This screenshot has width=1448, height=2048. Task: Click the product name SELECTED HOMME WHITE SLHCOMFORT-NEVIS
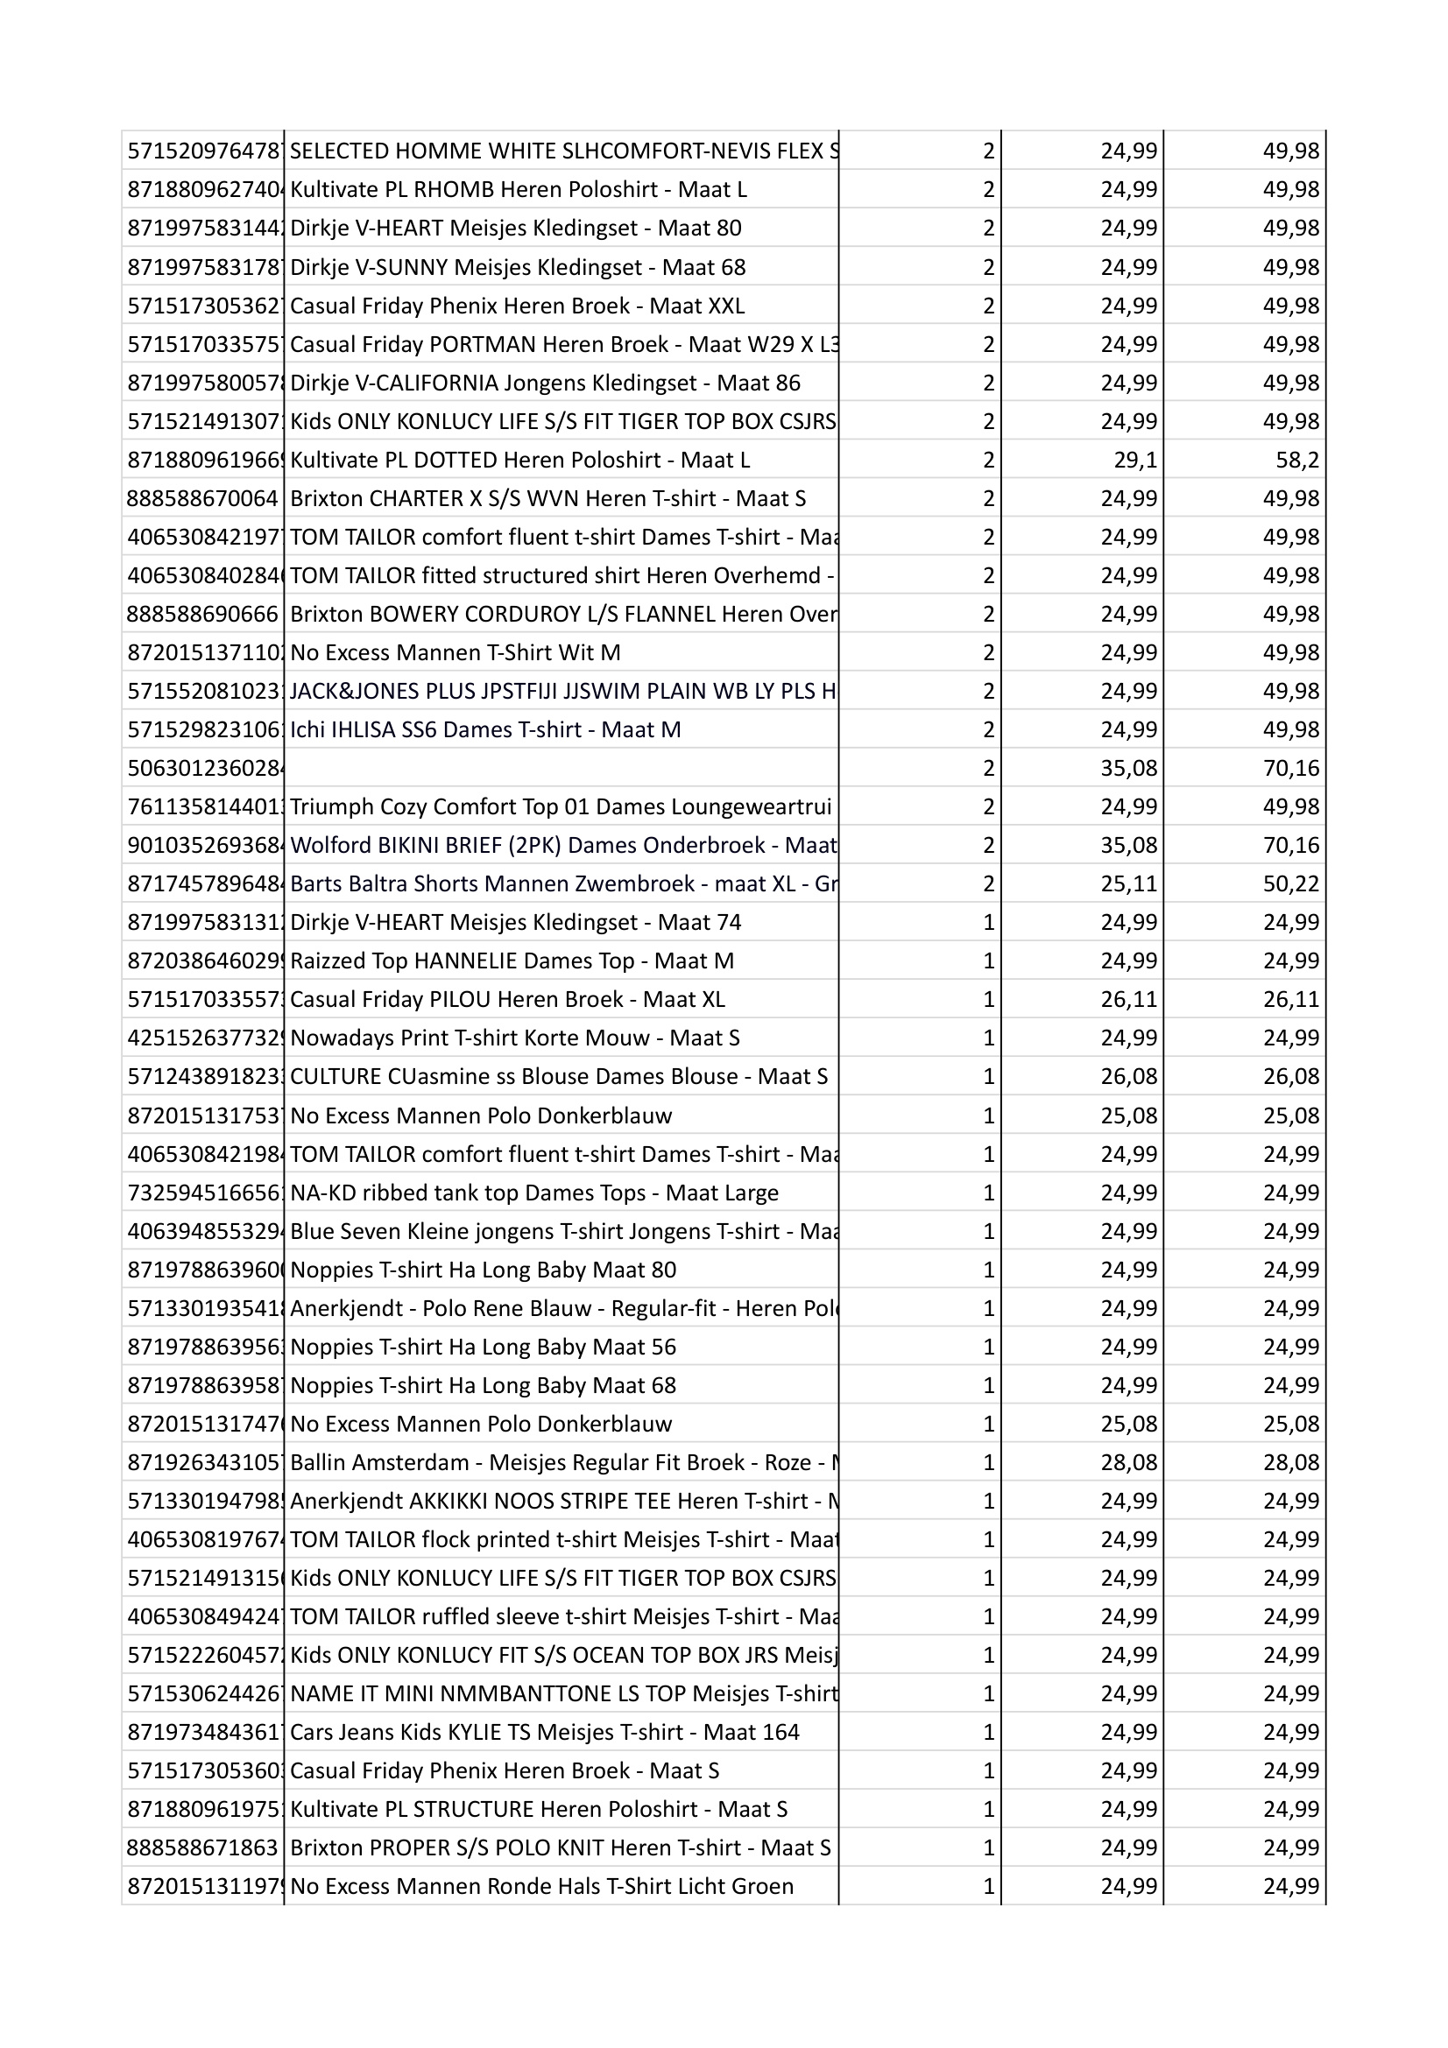coord(562,151)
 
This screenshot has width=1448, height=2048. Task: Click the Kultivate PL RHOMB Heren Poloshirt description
coord(519,190)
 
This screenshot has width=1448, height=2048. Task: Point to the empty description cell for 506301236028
coord(562,768)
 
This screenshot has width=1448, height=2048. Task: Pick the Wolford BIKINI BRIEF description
coord(562,845)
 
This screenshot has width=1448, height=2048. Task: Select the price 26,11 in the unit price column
coord(1128,1000)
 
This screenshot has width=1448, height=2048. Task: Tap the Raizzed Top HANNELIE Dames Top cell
coord(512,961)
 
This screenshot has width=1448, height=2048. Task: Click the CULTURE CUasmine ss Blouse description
coord(559,1077)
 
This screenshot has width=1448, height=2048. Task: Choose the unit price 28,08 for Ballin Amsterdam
coord(1128,1463)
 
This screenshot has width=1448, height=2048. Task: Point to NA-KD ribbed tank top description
coord(533,1193)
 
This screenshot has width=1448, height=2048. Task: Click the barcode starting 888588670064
coord(202,498)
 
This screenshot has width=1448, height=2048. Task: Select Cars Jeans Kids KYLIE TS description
coord(544,1733)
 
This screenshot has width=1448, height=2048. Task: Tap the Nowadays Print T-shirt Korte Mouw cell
coord(515,1038)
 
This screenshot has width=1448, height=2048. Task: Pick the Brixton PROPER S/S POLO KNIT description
coord(561,1848)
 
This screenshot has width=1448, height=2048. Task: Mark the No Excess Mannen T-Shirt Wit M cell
coord(455,653)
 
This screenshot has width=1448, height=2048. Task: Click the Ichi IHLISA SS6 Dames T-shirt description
coord(485,729)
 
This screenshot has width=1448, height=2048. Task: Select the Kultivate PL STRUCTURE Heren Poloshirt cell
coord(539,1810)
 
